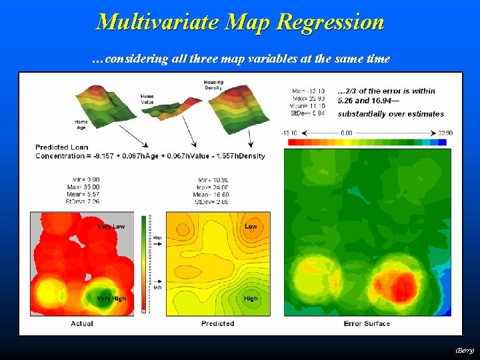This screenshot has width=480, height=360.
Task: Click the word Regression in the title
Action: coord(330,22)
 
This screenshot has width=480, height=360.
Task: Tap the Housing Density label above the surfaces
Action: coord(213,85)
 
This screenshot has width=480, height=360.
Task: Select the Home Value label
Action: coord(147,99)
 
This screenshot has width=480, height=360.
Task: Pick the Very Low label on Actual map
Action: coord(111,227)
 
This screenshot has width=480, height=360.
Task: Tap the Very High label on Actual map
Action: coord(111,299)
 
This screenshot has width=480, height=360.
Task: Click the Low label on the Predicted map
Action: coord(251,227)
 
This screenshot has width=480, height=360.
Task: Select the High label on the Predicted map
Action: coord(251,299)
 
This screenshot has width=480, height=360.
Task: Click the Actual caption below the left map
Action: coord(82,323)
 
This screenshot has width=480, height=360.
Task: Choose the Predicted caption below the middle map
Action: coord(217,323)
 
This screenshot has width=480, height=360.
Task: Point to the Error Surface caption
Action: coord(367,323)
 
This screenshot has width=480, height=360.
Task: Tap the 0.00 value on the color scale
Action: coord(346,133)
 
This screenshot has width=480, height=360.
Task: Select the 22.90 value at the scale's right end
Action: coord(445,133)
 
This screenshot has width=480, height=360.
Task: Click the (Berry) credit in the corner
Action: coord(465,350)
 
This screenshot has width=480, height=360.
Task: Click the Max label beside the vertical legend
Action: coord(158,237)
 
